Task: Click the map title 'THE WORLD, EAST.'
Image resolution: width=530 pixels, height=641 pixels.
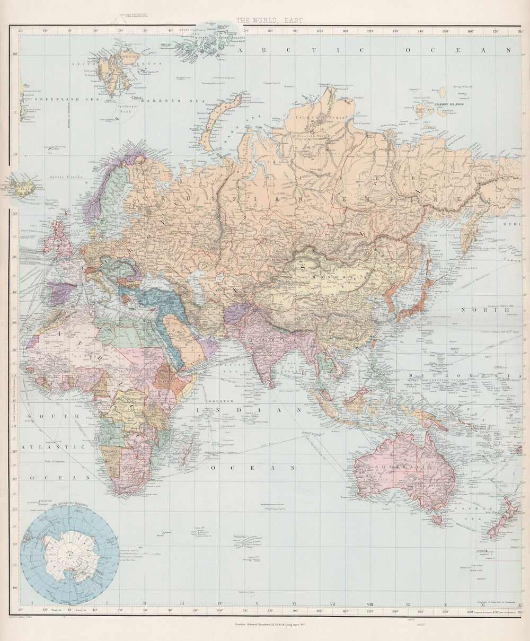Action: pyautogui.click(x=270, y=21)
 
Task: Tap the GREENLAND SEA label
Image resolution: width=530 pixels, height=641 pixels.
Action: pyautogui.click(x=57, y=99)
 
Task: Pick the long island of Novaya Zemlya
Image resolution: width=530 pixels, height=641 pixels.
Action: pyautogui.click(x=217, y=119)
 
